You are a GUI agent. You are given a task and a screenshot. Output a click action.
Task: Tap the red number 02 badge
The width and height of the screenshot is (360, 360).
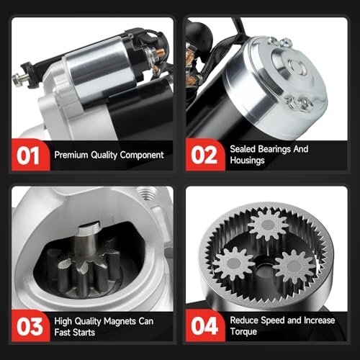point(204,155)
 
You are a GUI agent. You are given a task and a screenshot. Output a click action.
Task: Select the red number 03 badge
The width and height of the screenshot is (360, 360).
point(30,326)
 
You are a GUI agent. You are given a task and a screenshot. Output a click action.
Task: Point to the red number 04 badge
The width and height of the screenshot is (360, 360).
point(204,326)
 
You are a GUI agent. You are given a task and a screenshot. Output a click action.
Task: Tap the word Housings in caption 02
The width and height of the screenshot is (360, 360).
point(247,161)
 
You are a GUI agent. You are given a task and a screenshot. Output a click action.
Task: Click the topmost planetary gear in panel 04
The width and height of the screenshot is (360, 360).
point(268,225)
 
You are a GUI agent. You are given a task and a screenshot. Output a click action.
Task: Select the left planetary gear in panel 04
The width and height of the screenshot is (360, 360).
point(233,264)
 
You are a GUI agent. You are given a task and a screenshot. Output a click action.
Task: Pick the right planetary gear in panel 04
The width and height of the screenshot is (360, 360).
point(294,266)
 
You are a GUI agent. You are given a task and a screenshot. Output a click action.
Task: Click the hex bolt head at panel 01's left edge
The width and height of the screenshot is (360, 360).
point(17,79)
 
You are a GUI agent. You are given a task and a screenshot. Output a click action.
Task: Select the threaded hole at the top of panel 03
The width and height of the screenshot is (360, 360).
point(146,193)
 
